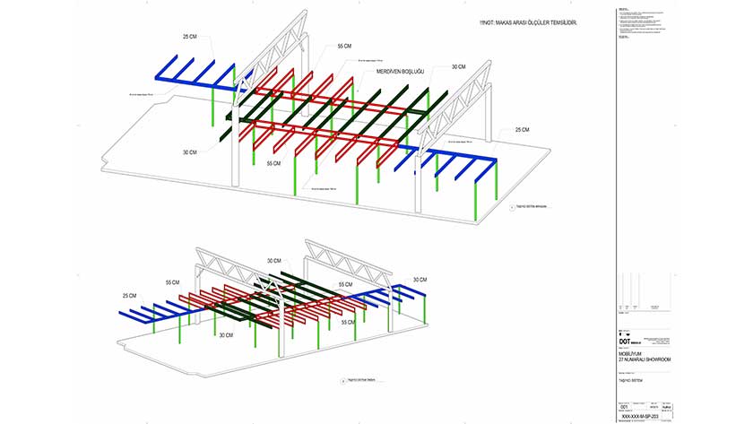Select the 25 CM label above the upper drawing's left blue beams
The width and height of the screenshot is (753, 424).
tap(190, 38)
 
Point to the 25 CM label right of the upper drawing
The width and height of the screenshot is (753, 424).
tap(522, 130)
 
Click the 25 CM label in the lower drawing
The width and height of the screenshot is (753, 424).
tap(130, 296)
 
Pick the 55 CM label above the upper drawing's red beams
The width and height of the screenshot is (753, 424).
tap(344, 46)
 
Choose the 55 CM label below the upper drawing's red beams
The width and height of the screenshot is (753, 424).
tap(273, 164)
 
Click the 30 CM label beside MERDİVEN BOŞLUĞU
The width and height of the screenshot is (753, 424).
tap(458, 67)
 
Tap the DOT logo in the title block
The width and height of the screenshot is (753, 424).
tap(625, 342)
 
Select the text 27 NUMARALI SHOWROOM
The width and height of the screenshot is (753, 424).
tap(645, 359)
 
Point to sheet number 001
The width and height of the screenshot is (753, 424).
tap(624, 405)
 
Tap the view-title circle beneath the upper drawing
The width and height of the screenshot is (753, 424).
tap(506, 207)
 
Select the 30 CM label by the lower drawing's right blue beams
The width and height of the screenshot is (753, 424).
tap(420, 280)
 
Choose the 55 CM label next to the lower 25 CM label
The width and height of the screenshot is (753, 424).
tap(172, 282)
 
